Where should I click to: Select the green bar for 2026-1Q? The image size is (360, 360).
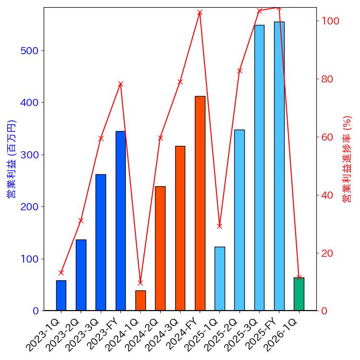299,294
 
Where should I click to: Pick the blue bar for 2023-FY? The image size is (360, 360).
120,221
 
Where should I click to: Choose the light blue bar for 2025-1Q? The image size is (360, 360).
219,278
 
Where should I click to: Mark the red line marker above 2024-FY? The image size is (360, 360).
200,12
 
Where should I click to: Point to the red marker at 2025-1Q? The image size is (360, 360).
219,226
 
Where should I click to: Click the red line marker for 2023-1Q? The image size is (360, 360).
61,273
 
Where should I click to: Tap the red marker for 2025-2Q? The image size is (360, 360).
240,71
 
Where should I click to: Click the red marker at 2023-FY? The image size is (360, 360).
120,84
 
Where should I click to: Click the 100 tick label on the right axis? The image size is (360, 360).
331,21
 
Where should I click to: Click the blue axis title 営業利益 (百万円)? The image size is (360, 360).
12,159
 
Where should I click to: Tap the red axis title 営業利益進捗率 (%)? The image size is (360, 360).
347,159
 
